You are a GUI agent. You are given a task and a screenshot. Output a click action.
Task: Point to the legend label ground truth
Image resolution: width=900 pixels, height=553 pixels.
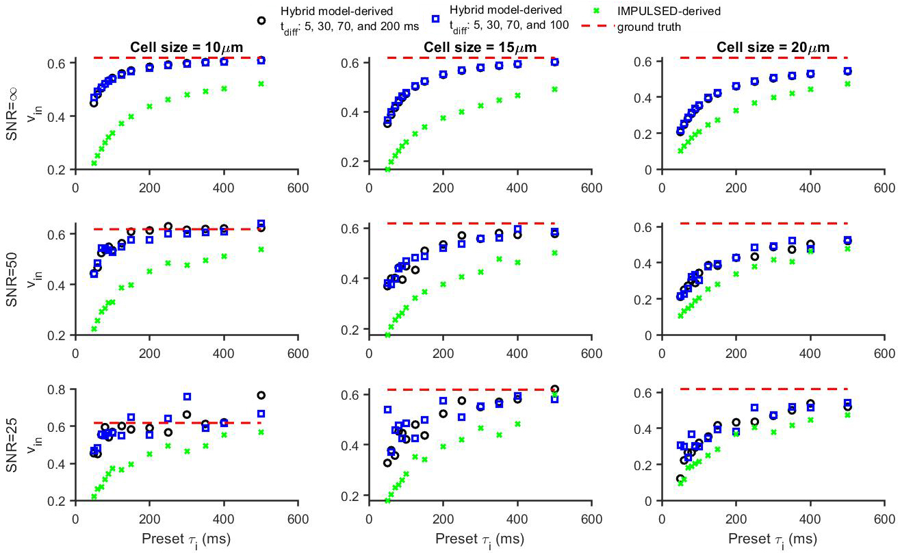(x=649, y=27)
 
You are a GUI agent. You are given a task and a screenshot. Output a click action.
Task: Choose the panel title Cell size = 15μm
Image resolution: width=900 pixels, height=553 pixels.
(x=481, y=47)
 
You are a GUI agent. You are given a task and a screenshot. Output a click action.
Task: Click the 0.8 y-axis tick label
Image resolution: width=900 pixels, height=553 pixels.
(x=58, y=389)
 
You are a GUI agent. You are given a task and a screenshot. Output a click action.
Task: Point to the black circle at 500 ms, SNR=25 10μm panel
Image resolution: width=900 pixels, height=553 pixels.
(x=261, y=396)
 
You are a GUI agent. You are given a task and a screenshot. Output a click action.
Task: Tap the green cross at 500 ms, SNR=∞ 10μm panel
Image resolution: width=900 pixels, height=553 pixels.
(x=261, y=83)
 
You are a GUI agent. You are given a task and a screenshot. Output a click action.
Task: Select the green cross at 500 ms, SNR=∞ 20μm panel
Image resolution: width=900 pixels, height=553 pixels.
(x=847, y=83)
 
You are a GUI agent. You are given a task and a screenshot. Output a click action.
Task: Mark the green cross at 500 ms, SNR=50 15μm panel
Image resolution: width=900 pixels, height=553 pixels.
(x=554, y=253)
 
